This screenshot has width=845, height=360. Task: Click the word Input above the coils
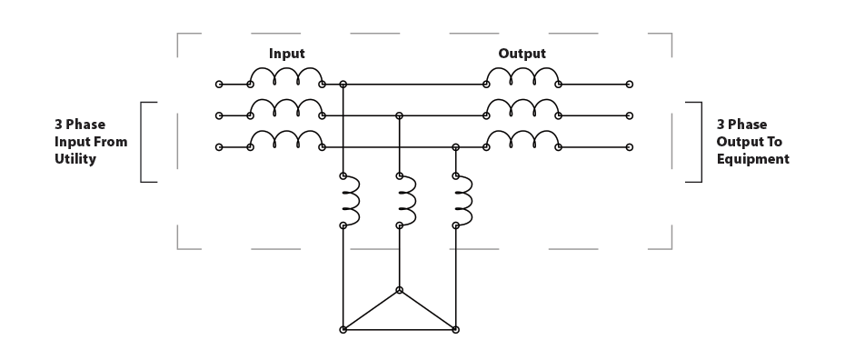pyautogui.click(x=286, y=54)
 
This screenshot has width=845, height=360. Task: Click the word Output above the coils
pyautogui.click(x=522, y=54)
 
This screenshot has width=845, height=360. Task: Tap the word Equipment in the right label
pyautogui.click(x=752, y=159)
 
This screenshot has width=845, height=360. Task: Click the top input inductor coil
pyautogui.click(x=286, y=76)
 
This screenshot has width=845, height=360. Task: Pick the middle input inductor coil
pyautogui.click(x=286, y=108)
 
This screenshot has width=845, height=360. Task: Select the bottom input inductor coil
pyautogui.click(x=286, y=139)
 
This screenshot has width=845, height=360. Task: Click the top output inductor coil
pyautogui.click(x=522, y=76)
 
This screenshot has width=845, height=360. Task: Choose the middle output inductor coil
pyautogui.click(x=522, y=108)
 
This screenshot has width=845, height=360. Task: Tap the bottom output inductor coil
pyautogui.click(x=522, y=139)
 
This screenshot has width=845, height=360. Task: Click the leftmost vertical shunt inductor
pyautogui.click(x=350, y=199)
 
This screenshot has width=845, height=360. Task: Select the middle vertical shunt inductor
pyautogui.click(x=406, y=199)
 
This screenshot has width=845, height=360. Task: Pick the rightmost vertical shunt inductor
pyautogui.click(x=462, y=199)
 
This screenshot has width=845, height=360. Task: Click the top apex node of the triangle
pyautogui.click(x=399, y=291)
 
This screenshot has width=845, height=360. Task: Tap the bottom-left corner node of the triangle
pyautogui.click(x=343, y=329)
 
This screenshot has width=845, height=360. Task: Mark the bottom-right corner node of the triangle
pyautogui.click(x=455, y=329)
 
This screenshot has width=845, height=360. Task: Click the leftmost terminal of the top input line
pyautogui.click(x=219, y=85)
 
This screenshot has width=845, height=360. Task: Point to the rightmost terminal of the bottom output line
pyautogui.click(x=630, y=146)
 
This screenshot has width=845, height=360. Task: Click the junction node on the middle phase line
pyautogui.click(x=399, y=115)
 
